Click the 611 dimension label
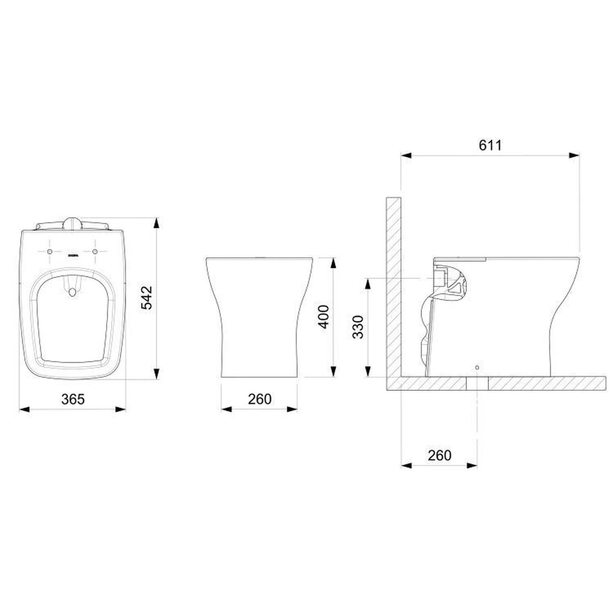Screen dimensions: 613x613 pos(490,145)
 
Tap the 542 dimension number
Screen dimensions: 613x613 pos(146,298)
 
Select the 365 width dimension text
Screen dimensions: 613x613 pos(73,399)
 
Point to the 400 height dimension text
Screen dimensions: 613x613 pos(323,317)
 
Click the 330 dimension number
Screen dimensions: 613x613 pos(358,327)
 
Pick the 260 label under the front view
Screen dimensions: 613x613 pos(260,399)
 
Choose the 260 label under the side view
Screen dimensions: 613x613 pos(439,455)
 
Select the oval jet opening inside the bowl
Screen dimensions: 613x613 pos(72,292)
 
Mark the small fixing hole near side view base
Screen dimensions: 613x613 pos(477,367)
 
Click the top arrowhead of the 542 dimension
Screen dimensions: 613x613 pos(157,223)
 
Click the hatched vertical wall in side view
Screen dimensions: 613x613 pos(394,286)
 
